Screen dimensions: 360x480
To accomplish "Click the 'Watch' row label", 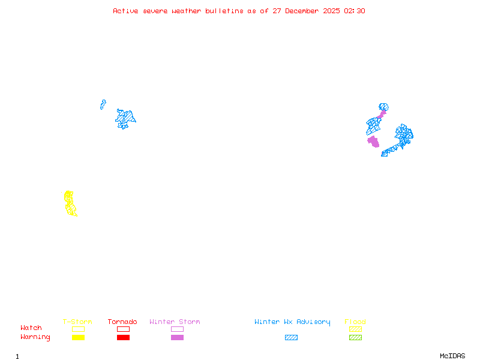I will coord(31,328).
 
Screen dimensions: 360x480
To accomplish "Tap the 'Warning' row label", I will coord(35,337).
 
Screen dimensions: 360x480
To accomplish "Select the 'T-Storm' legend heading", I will coord(77,322).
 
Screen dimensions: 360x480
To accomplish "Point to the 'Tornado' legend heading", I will coord(122,322).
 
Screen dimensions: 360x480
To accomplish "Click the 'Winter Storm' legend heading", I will coord(175,322).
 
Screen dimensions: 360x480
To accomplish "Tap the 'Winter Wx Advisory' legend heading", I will coord(292,322).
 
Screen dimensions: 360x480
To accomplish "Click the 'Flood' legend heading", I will coord(355,322).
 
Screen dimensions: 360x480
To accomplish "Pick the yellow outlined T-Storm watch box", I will coord(78,329).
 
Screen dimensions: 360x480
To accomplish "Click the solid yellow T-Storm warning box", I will coord(78,338).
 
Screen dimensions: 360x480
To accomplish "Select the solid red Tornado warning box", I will coord(123,338).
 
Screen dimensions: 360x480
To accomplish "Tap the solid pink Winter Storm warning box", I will coord(177,338).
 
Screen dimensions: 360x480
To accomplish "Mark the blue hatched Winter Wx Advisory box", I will coord(291,338).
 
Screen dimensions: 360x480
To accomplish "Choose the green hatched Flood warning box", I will coord(355,338).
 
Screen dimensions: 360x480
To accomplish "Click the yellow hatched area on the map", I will coord(70,203).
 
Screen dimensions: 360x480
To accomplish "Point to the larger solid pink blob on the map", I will coord(373,142).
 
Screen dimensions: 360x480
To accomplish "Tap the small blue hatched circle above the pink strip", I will coord(384,107).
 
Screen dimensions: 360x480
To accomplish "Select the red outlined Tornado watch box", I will coord(123,329).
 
